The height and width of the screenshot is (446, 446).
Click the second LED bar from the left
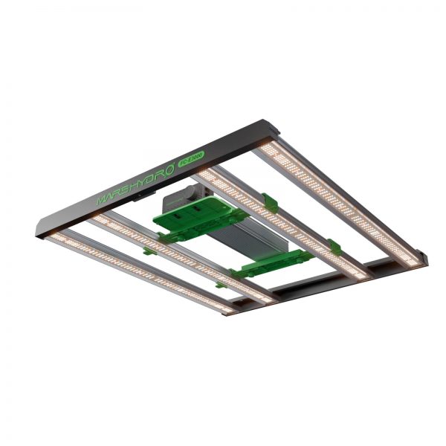point(186,256)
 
